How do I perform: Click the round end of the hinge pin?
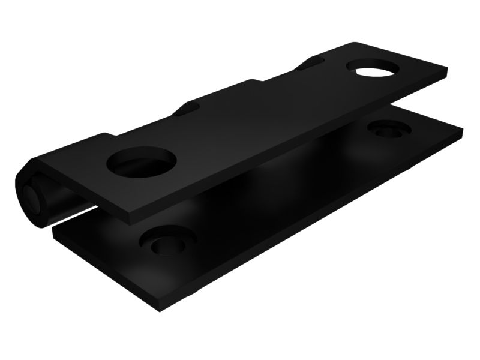(30, 196)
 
